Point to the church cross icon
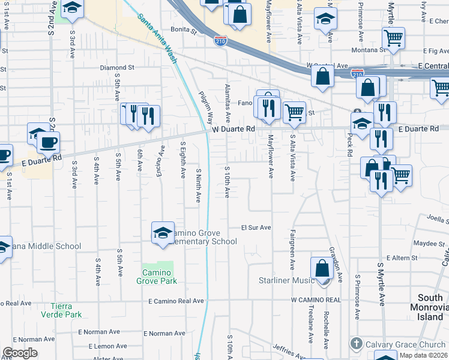tap(357, 344)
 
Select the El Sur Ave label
tap(256, 228)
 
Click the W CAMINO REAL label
tap(316, 299)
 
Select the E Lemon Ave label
tap(107, 346)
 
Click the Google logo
tap(19, 353)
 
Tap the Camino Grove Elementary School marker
tap(163, 233)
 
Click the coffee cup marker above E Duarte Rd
tap(48, 143)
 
